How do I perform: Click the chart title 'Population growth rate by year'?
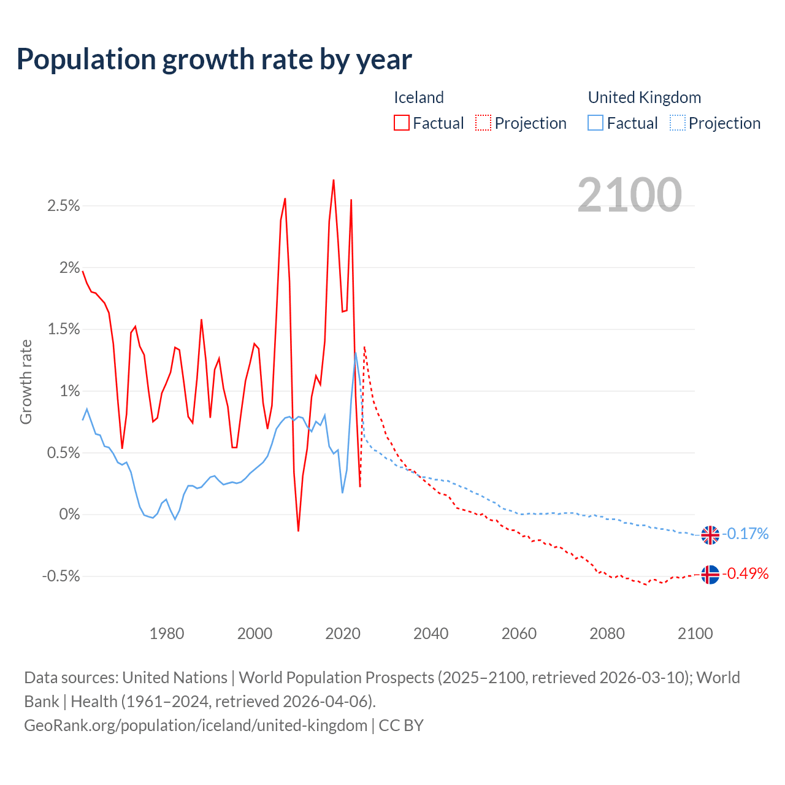(214, 59)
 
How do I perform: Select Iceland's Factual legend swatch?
(402, 123)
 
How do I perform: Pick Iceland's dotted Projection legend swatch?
(483, 123)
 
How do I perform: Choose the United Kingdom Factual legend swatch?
(595, 123)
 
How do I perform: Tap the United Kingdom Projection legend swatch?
(677, 123)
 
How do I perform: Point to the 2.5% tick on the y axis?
(64, 206)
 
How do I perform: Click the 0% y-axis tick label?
(69, 515)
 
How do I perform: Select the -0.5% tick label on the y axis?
(61, 576)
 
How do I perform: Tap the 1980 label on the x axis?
(167, 634)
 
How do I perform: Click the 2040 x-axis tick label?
(431, 634)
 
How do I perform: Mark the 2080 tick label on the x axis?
(607, 634)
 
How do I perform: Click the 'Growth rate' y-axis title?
(26, 381)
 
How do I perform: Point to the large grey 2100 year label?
(629, 195)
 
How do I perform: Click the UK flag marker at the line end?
(710, 535)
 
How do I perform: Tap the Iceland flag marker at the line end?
(710, 575)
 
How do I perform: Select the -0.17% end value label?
(745, 534)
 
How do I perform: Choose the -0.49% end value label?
(745, 574)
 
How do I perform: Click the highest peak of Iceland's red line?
(334, 180)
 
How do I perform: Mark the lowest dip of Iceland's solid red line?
(298, 530)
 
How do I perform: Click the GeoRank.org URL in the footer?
(196, 726)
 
